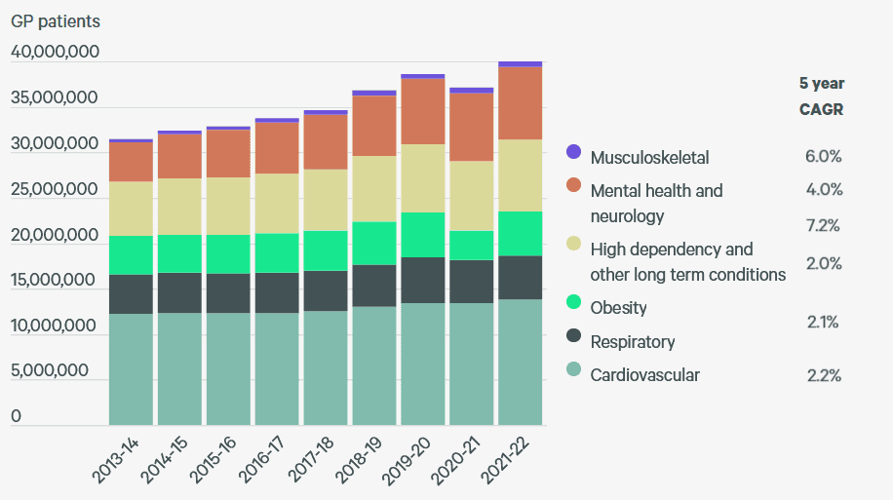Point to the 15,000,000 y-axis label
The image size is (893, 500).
tap(55, 281)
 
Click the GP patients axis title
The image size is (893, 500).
tap(56, 20)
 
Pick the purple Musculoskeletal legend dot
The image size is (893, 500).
tap(573, 152)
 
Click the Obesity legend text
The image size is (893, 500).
tap(618, 308)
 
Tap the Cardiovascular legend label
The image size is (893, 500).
tap(644, 375)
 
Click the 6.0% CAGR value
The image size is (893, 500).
tap(823, 156)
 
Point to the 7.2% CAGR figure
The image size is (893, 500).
tap(823, 226)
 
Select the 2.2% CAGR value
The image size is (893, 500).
tap(823, 376)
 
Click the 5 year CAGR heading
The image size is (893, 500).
tap(821, 96)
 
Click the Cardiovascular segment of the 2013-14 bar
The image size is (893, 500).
tap(132, 369)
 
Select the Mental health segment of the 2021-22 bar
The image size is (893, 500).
tap(521, 103)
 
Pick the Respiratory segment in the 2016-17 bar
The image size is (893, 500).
tap(277, 292)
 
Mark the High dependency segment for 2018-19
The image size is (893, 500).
tap(374, 189)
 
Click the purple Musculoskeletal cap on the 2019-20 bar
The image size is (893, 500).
tap(423, 76)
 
